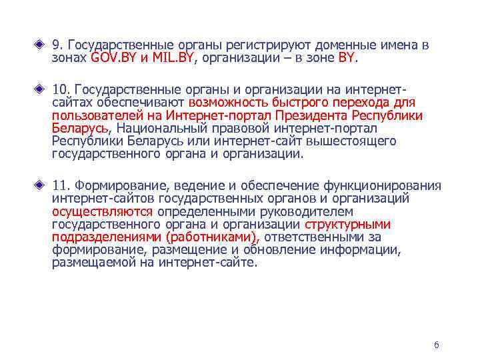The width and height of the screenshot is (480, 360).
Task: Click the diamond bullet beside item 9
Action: point(42,46)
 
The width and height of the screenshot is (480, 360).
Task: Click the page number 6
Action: point(436,345)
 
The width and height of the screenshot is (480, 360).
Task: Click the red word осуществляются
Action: point(103,211)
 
